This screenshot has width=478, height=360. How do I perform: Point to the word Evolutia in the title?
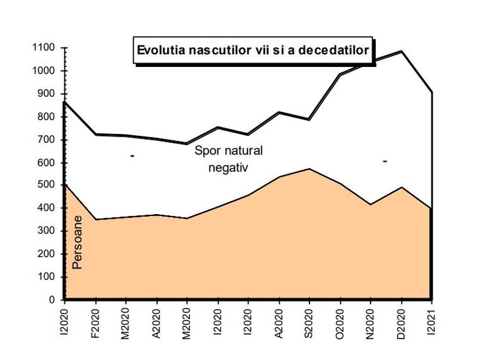click(161, 50)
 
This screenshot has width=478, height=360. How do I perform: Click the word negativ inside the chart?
click(228, 167)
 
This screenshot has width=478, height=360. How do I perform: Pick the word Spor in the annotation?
click(206, 150)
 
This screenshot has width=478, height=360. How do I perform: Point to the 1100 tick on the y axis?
click(44, 48)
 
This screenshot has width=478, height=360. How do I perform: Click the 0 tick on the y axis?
click(53, 300)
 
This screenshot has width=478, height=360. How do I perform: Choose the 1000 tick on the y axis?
click(44, 71)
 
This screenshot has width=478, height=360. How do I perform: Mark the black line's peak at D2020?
click(401, 51)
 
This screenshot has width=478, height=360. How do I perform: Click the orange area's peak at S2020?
click(309, 169)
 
